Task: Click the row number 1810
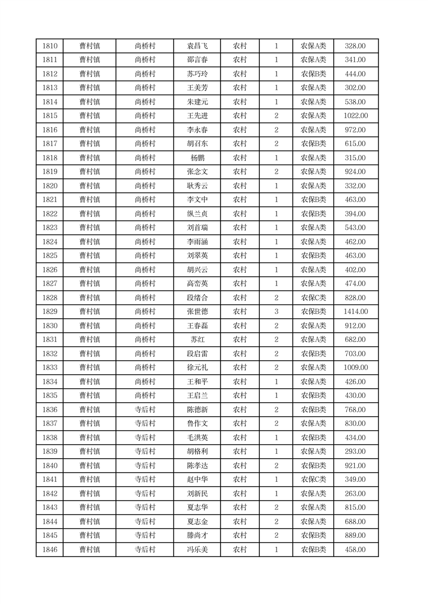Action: (x=50, y=46)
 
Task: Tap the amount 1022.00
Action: (x=355, y=116)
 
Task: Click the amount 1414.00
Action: (x=355, y=312)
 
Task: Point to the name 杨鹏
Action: (x=197, y=158)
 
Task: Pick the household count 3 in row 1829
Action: (x=276, y=312)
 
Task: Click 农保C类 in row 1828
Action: (x=313, y=298)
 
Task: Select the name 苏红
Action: (x=197, y=340)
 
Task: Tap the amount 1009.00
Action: (x=355, y=368)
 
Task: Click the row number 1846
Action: (x=50, y=550)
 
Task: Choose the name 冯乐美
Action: (x=197, y=550)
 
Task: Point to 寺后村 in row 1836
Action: (x=144, y=410)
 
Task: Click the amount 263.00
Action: (x=355, y=494)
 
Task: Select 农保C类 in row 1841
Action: (x=313, y=480)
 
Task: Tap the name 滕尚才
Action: (x=197, y=536)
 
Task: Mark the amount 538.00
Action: (x=355, y=102)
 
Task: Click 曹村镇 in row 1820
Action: (x=89, y=186)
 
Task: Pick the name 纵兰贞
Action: (x=197, y=214)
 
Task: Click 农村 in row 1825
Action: (x=239, y=256)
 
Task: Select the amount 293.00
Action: (x=355, y=452)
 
